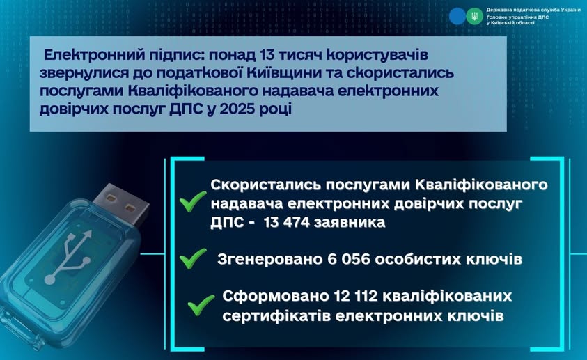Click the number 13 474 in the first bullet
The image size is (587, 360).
click(x=287, y=223)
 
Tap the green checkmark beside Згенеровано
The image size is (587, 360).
click(x=193, y=258)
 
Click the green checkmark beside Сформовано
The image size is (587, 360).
click(x=201, y=305)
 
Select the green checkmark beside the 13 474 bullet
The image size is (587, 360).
click(x=193, y=201)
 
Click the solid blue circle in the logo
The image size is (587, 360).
click(x=457, y=17)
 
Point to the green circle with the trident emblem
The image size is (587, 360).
click(x=474, y=17)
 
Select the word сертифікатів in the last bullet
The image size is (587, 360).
click(x=276, y=316)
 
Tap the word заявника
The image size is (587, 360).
click(x=350, y=223)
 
